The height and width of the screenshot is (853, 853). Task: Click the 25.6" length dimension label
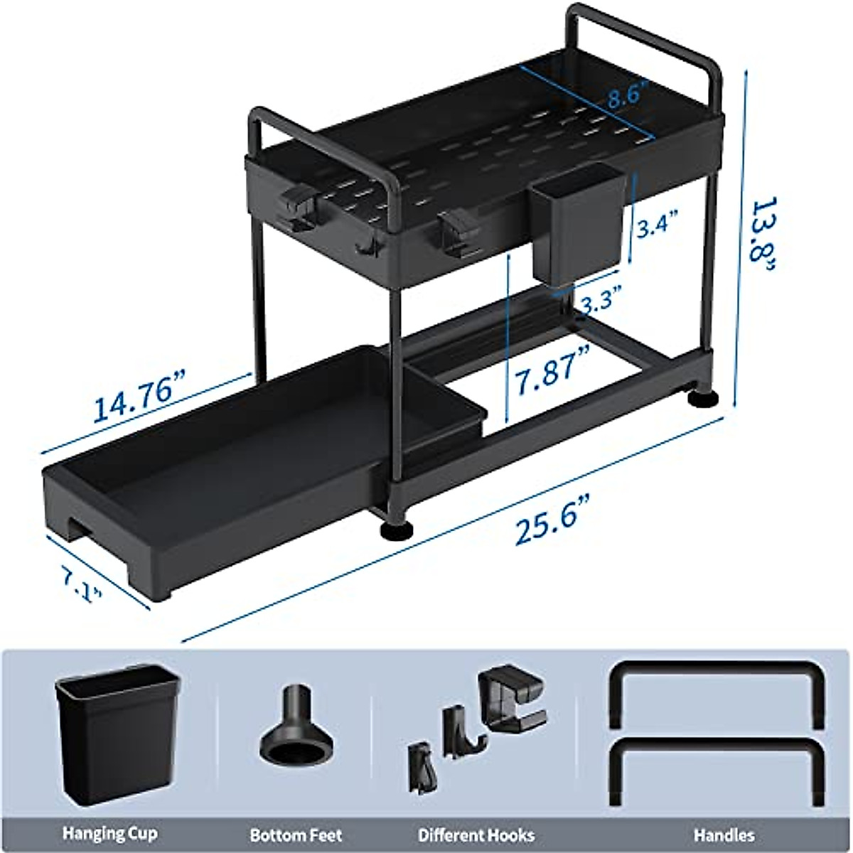[x=545, y=527]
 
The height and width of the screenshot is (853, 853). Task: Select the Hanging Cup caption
[x=110, y=833]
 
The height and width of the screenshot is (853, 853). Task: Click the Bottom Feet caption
[x=296, y=835]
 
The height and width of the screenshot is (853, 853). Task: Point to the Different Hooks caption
[x=476, y=834]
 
